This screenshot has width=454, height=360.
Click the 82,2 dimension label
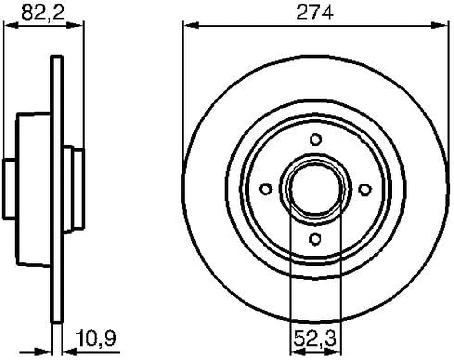tap(43, 13)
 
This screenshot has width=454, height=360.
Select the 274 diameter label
tap(315, 13)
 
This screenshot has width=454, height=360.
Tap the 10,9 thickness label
tap(96, 338)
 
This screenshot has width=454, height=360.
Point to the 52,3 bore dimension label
tap(315, 338)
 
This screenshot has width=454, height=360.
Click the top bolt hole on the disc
tap(315, 139)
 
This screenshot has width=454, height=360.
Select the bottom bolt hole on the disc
tap(315, 239)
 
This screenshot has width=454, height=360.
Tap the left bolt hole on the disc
tap(266, 189)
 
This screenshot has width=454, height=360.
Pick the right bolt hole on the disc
tap(365, 189)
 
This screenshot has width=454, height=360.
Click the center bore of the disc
tap(316, 189)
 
